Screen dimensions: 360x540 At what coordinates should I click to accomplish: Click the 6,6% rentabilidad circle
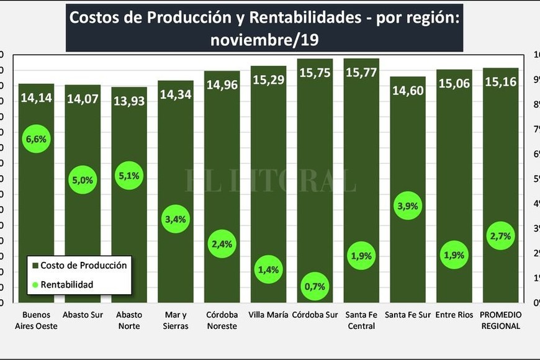click(x=36, y=138)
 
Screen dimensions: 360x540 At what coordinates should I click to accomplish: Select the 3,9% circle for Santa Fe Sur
click(x=408, y=206)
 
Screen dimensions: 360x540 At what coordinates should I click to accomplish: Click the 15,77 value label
click(x=361, y=72)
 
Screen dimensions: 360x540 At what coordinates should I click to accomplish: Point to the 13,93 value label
click(x=129, y=100)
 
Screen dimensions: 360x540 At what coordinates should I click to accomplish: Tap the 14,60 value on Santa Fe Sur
click(x=408, y=89)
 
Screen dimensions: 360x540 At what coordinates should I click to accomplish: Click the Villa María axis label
click(x=269, y=315)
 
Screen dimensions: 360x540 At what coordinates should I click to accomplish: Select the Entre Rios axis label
click(x=454, y=315)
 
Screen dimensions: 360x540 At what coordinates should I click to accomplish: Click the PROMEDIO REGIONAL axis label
click(x=500, y=320)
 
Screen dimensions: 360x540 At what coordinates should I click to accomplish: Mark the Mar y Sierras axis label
click(x=175, y=320)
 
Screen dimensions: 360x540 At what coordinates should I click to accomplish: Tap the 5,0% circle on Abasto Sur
click(x=83, y=180)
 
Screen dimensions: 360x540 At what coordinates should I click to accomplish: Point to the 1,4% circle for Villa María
click(x=268, y=269)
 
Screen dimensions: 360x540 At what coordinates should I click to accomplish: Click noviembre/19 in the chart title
click(x=264, y=40)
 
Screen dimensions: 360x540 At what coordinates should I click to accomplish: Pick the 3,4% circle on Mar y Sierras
click(x=175, y=218)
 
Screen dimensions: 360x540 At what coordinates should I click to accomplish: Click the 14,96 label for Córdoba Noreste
click(x=222, y=84)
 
